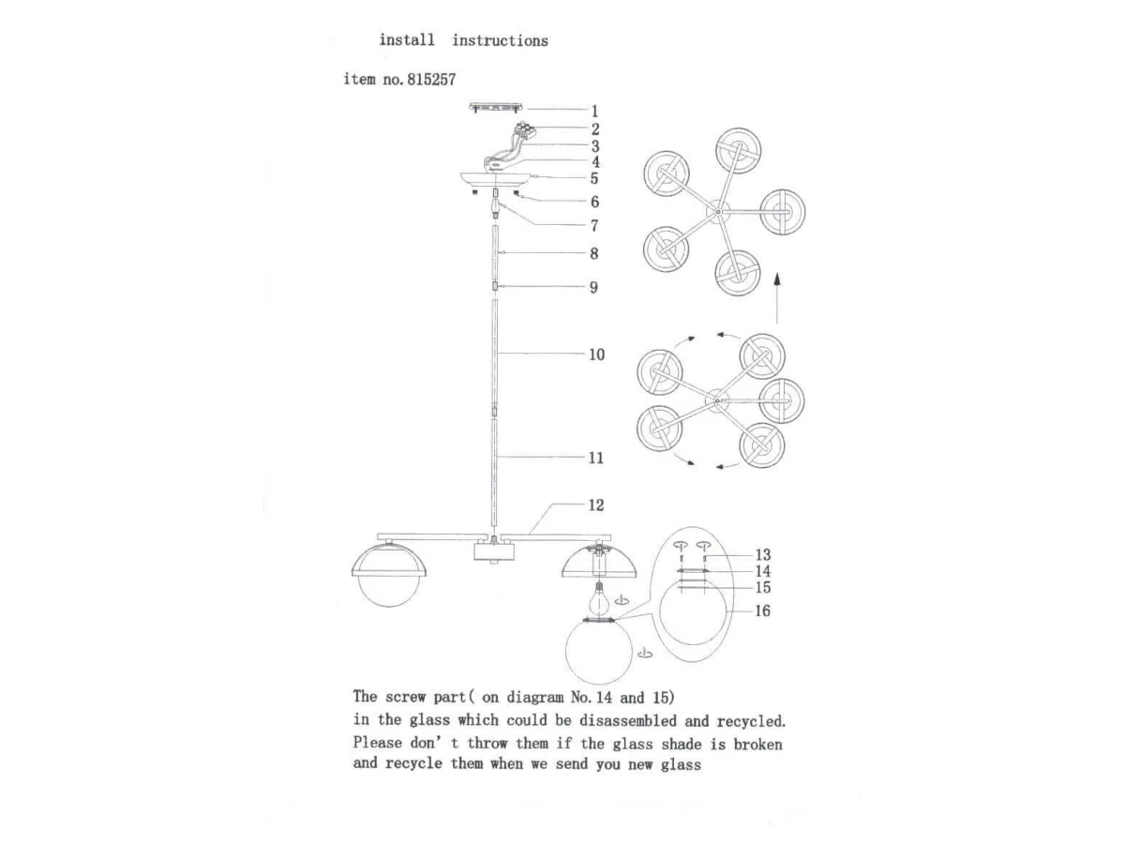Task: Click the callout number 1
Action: [594, 111]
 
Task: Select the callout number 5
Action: [594, 178]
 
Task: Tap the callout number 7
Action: [594, 225]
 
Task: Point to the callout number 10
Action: [597, 354]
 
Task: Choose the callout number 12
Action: [596, 505]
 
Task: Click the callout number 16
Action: [763, 610]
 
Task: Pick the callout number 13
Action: [763, 555]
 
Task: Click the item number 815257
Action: [430, 81]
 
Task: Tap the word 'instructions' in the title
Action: [500, 40]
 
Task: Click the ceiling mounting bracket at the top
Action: [496, 108]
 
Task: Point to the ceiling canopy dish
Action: [496, 179]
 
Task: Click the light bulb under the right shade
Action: [597, 594]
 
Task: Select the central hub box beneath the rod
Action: [493, 551]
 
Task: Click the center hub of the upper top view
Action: [718, 214]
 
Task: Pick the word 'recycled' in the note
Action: [751, 721]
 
